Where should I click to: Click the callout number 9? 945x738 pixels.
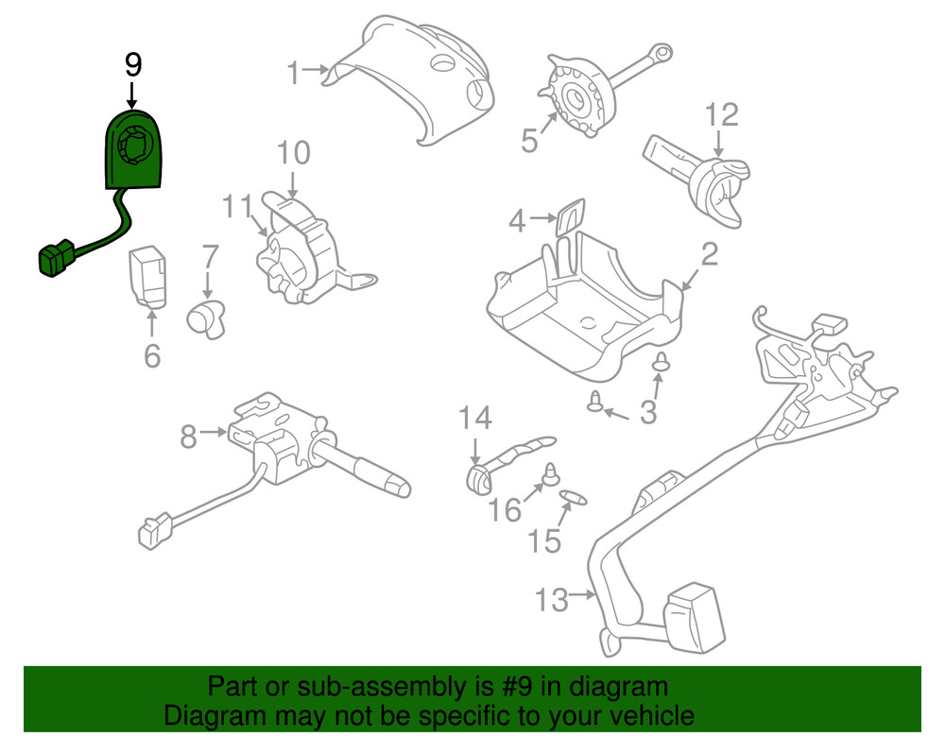click(133, 64)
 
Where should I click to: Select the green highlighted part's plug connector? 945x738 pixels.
click(56, 259)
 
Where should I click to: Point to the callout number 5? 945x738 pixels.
click(529, 141)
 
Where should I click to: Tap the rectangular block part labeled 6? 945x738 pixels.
click(148, 276)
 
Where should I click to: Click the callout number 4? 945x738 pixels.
click(517, 221)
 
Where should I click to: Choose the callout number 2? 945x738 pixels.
click(709, 253)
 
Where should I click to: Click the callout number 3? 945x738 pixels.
click(647, 413)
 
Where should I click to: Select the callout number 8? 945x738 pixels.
click(189, 436)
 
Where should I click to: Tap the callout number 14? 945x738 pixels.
click(476, 416)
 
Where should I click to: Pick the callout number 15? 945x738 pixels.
click(544, 541)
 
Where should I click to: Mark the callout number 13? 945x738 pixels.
click(552, 598)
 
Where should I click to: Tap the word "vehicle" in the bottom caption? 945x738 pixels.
click(644, 715)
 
